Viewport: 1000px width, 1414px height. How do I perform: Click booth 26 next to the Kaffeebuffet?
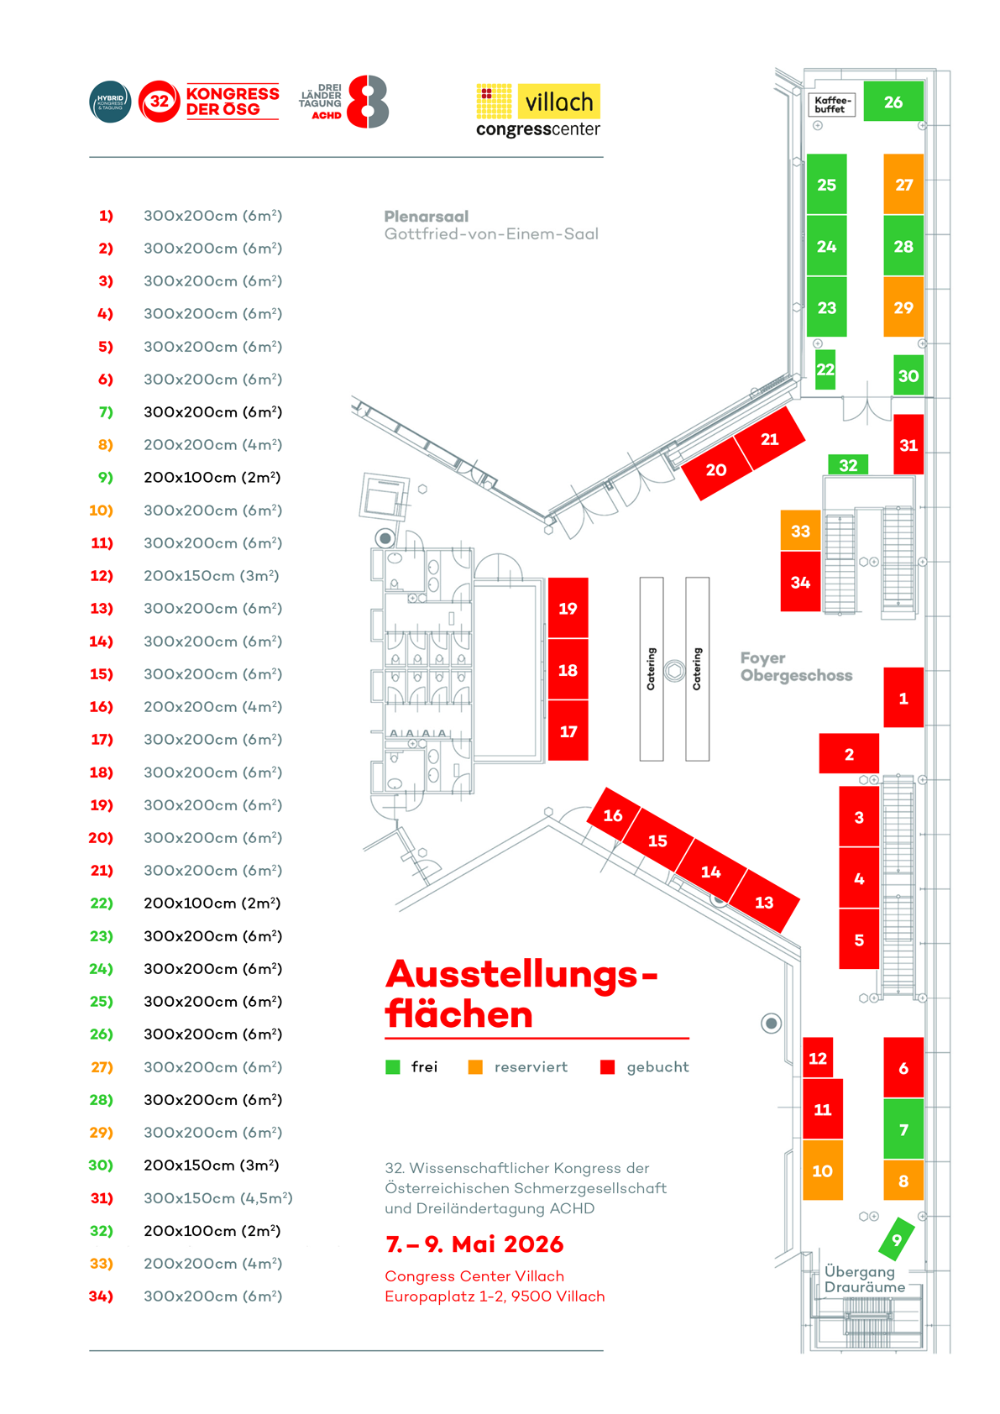[x=893, y=102]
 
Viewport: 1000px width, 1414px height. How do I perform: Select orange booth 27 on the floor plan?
[x=903, y=185]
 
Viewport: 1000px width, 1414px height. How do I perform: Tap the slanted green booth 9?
[x=896, y=1239]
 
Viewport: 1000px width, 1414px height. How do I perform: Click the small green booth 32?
[x=848, y=465]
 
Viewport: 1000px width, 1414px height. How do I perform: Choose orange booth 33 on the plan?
[x=800, y=531]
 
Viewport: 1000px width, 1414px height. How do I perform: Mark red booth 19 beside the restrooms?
[x=568, y=608]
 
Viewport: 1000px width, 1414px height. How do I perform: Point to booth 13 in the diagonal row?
[x=764, y=903]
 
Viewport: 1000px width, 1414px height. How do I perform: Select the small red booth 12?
[x=818, y=1058]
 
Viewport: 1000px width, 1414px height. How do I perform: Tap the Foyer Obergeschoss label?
[x=795, y=667]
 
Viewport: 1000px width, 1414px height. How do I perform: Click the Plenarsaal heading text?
[x=427, y=217]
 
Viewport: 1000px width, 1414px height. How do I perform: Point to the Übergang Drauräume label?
[x=864, y=1279]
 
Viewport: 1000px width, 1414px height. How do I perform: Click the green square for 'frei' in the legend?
[x=392, y=1067]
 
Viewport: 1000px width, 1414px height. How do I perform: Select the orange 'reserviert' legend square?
[x=475, y=1067]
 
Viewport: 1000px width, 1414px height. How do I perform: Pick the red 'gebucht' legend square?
[x=608, y=1067]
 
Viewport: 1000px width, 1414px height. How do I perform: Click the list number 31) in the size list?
[x=102, y=1198]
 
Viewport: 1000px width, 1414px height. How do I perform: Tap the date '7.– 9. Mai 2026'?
[x=474, y=1244]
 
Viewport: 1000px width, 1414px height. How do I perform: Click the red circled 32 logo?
[x=159, y=102]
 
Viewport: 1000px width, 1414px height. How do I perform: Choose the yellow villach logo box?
[x=558, y=102]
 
